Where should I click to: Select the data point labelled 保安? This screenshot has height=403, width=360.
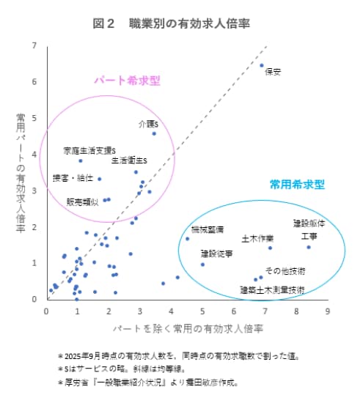[262, 65]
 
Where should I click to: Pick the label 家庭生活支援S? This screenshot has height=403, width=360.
[89, 150]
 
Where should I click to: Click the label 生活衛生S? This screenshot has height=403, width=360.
[130, 160]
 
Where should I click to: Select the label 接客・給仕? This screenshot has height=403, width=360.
[73, 177]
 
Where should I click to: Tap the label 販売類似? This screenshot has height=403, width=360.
[82, 202]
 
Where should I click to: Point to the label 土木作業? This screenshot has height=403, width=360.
[257, 239]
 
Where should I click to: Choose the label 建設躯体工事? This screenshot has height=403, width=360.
[309, 229]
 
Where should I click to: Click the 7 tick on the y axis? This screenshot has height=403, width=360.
[34, 46]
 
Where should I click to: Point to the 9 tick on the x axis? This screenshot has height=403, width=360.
[327, 310]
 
